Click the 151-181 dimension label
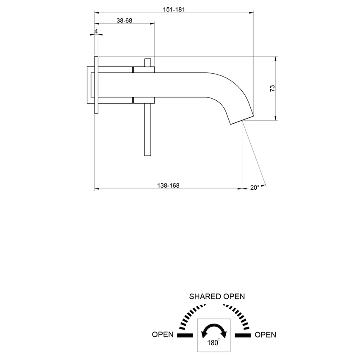(174, 8)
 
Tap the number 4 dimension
(96, 31)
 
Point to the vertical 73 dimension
(272, 88)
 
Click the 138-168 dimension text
(168, 185)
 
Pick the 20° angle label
(255, 188)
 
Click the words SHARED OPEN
(217, 296)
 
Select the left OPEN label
(163, 335)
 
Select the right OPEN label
(266, 335)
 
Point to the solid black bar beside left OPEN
(185, 335)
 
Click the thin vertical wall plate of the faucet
(96, 85)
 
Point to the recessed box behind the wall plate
(90, 85)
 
